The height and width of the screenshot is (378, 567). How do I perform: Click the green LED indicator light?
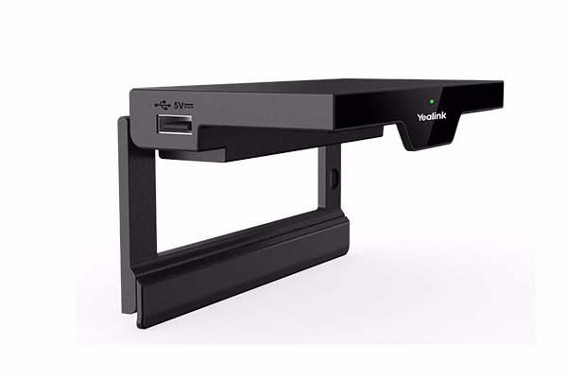pyautogui.click(x=432, y=101)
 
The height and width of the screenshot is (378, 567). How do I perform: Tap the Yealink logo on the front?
pyautogui.click(x=432, y=116)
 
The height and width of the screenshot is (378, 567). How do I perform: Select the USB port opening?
pyautogui.click(x=174, y=125)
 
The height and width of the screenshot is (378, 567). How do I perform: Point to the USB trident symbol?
pyautogui.click(x=163, y=105)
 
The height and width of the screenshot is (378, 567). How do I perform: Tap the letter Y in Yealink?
pyautogui.click(x=420, y=117)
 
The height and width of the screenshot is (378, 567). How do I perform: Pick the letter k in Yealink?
pyautogui.click(x=444, y=115)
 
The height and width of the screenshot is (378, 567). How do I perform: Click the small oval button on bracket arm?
pyautogui.click(x=333, y=178)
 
